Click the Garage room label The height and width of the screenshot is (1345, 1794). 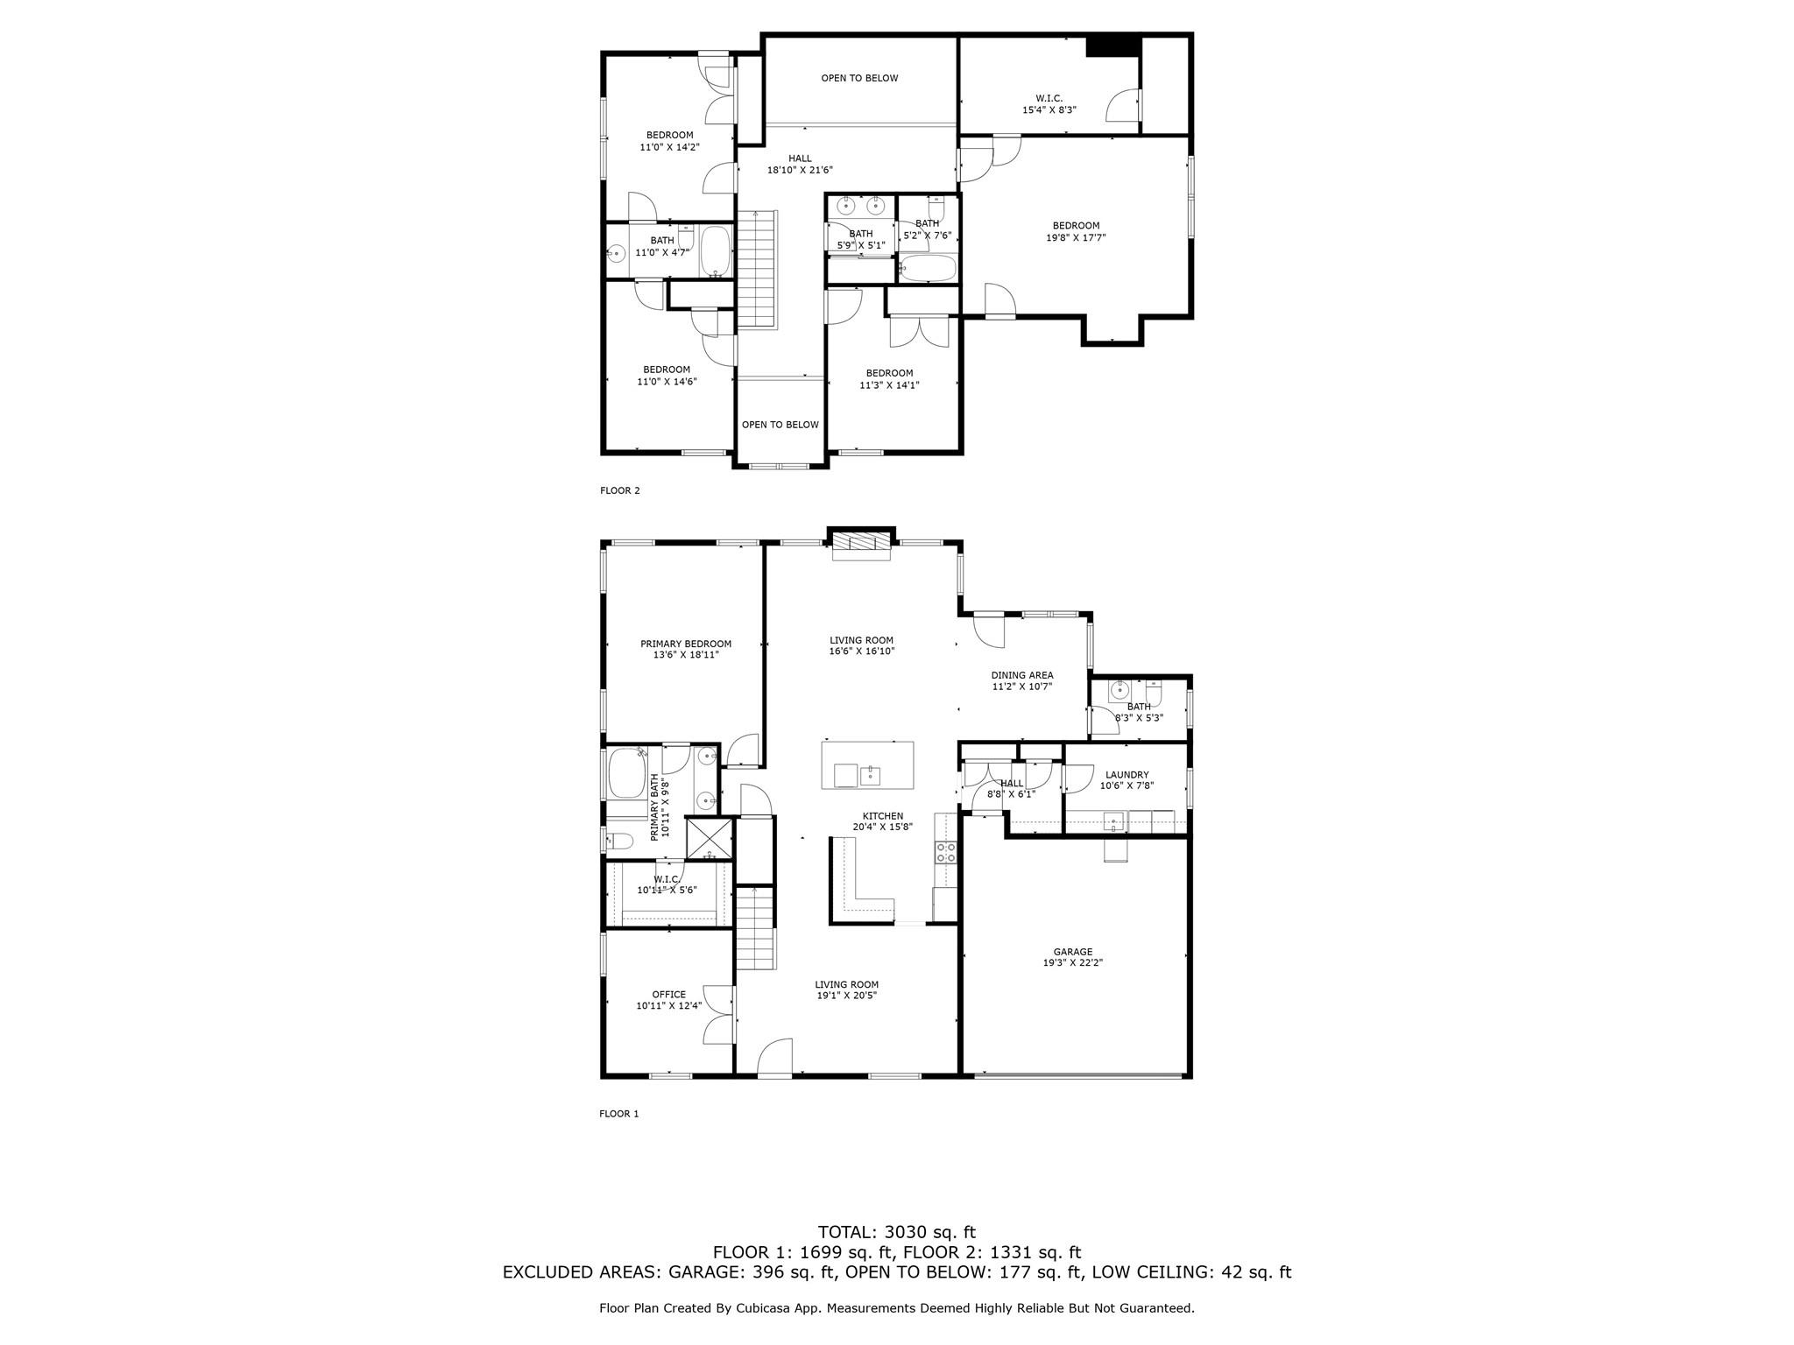1072,957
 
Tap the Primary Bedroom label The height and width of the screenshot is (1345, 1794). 685,649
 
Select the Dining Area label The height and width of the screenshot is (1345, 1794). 1021,680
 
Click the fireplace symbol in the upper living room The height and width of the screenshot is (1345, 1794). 861,544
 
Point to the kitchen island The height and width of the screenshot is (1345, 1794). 867,764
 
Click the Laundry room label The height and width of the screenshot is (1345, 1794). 1127,780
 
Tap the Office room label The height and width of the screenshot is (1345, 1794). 668,1000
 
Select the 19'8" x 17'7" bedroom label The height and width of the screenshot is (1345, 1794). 1076,231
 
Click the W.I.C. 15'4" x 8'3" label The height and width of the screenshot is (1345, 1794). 1049,104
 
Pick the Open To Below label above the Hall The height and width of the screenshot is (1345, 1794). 859,78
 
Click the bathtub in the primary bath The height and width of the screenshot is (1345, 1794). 625,773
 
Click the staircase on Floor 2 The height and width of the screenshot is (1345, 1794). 757,270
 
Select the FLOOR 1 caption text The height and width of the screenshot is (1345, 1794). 618,1114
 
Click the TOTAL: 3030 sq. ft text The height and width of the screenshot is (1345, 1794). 896,1233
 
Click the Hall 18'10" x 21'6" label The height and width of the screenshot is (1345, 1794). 799,165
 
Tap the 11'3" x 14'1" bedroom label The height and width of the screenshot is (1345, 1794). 889,378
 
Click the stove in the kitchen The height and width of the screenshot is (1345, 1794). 945,853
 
